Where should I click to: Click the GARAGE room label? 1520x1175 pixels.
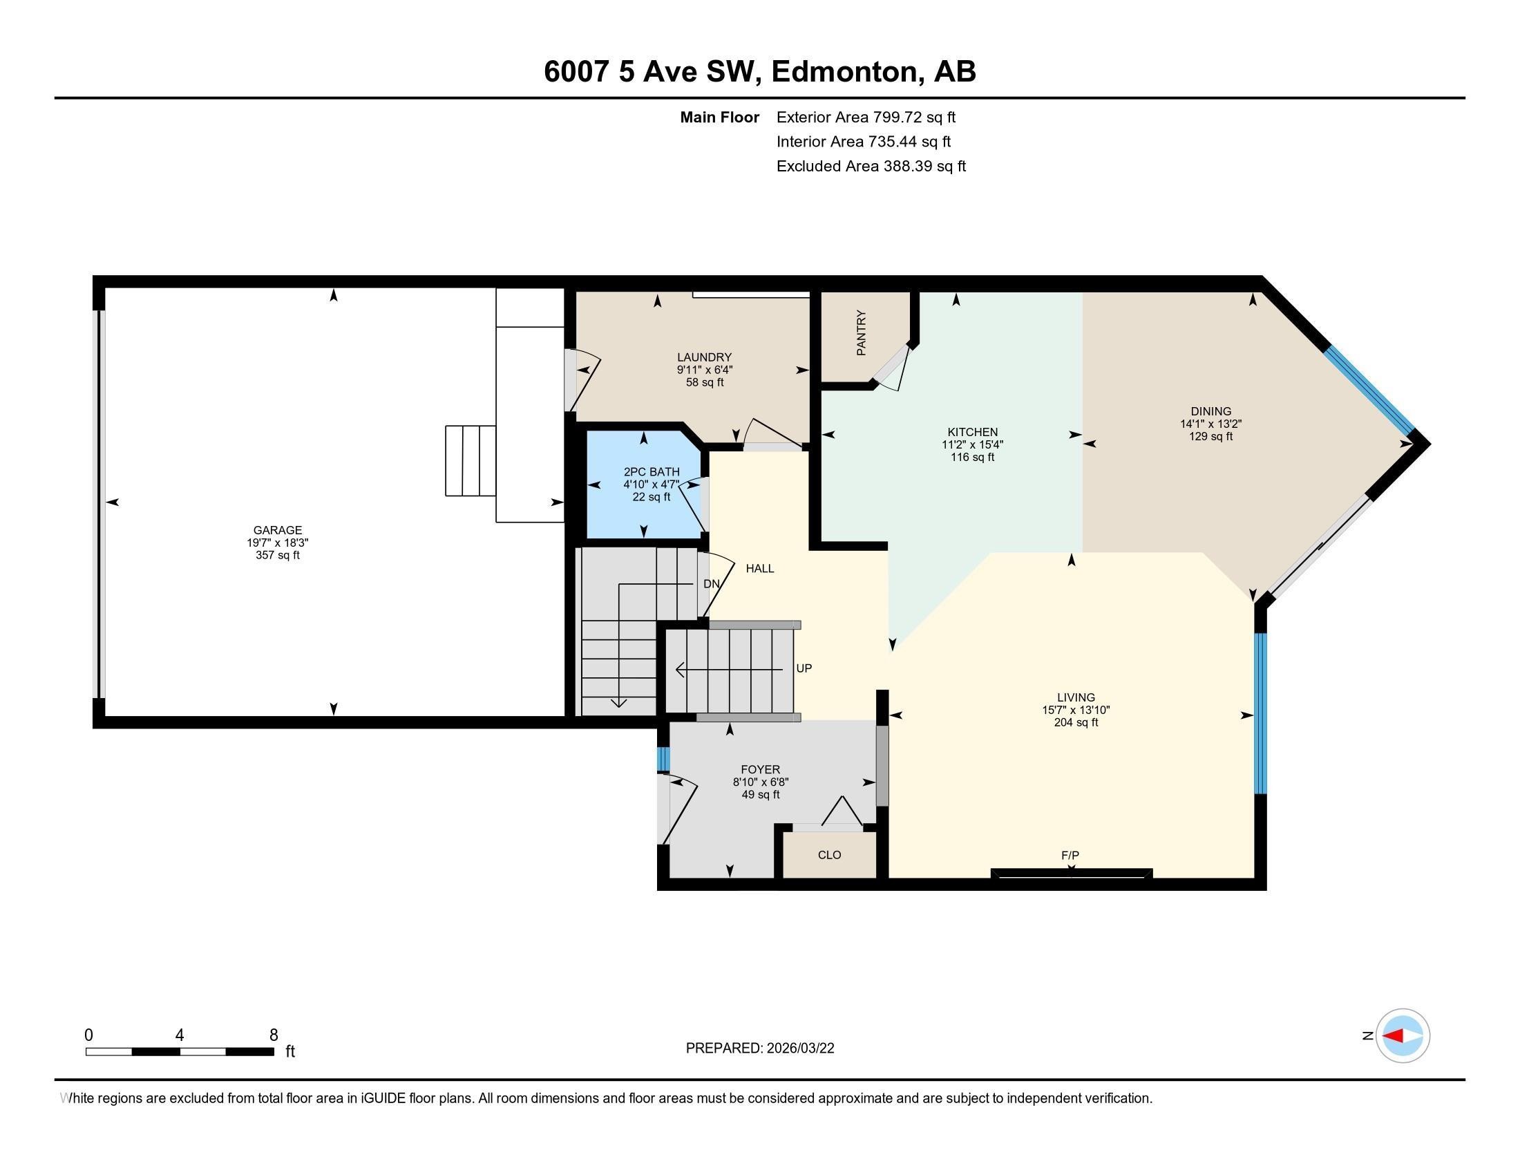[x=277, y=529]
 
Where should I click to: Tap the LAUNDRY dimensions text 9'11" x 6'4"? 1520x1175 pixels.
[x=704, y=370]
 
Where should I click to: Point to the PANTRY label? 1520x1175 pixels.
[x=862, y=333]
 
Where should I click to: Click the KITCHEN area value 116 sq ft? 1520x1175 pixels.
[x=972, y=458]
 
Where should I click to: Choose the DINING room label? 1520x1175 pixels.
[x=1210, y=411]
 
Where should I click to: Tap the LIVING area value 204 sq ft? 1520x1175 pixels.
[x=1076, y=722]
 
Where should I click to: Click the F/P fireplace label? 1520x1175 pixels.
[x=1070, y=855]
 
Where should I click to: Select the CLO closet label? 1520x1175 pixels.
[x=829, y=855]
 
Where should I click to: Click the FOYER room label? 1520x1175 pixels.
[x=760, y=769]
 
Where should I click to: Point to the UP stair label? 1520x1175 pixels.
[x=804, y=668]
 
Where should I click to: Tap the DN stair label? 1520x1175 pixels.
[x=711, y=584]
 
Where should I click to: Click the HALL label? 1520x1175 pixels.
[x=759, y=568]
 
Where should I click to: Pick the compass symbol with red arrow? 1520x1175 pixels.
[x=1403, y=1036]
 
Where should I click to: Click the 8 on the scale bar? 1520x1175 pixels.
[x=274, y=1035]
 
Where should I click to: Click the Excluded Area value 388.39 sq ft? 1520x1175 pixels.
[x=924, y=166]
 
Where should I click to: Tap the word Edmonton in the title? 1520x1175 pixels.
[x=844, y=72]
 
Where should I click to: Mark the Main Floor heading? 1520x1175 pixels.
[x=719, y=117]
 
